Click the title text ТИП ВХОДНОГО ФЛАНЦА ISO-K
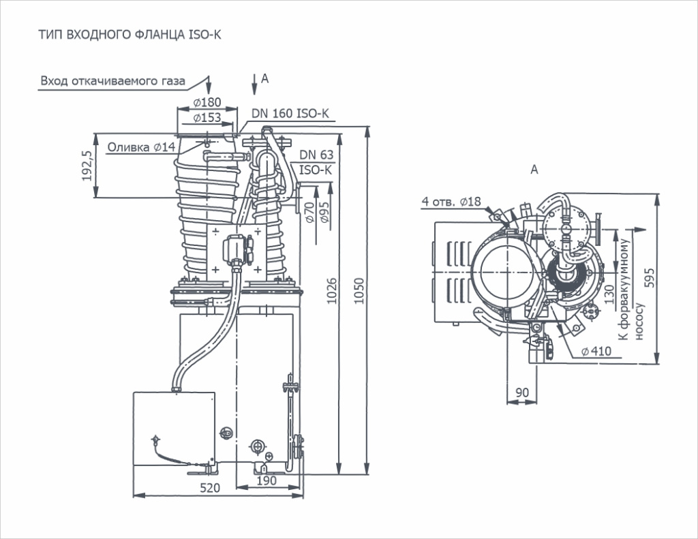tap(130, 35)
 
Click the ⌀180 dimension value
tap(207, 102)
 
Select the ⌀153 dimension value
tap(207, 117)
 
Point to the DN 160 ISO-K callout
tap(290, 114)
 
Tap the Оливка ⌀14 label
tap(142, 147)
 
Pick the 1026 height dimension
tap(332, 291)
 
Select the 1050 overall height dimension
tap(359, 291)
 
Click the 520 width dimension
tap(210, 488)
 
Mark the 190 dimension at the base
tap(267, 480)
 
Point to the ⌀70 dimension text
tap(310, 213)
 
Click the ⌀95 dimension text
tap(324, 213)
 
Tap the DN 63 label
tap(316, 155)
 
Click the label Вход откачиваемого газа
tap(112, 81)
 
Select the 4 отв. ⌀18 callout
tap(451, 202)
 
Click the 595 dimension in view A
tap(650, 278)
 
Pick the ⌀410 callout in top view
tap(596, 351)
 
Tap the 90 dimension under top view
tap(522, 392)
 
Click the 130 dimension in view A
tap(609, 294)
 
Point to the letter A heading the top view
tap(534, 170)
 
